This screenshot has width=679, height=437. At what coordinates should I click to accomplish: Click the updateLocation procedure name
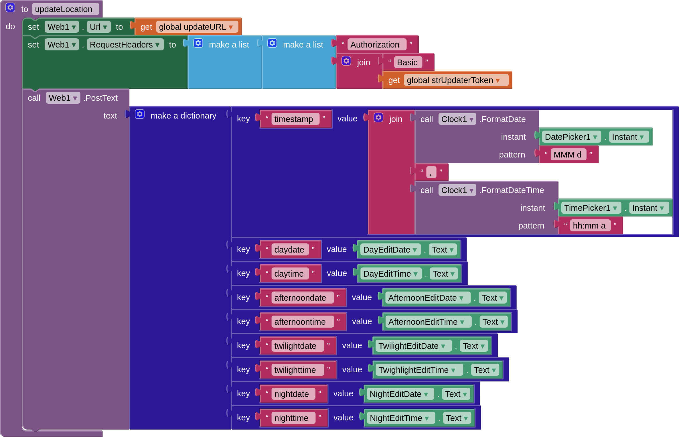64,9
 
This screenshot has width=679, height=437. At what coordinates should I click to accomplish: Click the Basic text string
407,62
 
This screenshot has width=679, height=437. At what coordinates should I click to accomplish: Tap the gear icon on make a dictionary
140,114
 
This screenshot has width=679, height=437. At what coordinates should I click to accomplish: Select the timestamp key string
293,119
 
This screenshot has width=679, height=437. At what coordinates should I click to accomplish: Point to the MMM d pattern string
567,155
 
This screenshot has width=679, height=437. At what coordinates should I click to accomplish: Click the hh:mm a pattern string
589,226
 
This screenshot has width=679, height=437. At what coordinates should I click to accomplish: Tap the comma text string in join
431,172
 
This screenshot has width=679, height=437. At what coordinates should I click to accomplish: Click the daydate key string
289,250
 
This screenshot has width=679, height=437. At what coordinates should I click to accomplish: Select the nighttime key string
291,418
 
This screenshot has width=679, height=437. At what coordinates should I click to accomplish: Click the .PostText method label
101,98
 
